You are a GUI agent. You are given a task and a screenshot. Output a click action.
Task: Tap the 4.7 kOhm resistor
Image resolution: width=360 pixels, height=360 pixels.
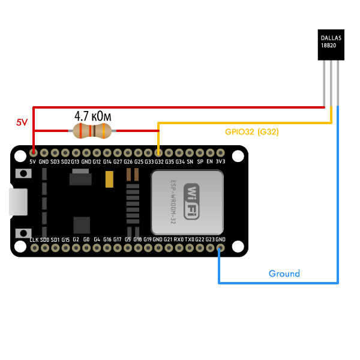point(92,130)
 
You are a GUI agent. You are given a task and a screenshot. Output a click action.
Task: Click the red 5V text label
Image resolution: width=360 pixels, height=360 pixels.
point(22,122)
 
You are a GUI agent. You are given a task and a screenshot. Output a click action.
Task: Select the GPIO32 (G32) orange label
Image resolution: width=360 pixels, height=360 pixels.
point(251,131)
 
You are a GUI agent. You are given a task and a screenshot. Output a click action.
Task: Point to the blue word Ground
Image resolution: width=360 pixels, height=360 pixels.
point(284,274)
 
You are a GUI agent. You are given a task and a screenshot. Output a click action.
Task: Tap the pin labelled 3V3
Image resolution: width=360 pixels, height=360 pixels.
point(220,161)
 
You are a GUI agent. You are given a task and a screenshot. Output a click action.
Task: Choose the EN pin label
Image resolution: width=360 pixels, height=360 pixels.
point(209,161)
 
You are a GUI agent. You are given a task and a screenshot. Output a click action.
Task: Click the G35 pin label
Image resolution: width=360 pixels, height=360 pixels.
point(169,161)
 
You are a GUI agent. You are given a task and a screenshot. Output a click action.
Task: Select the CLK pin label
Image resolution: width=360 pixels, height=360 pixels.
point(34,240)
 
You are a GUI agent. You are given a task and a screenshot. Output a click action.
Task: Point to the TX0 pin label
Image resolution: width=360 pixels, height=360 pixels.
point(190,240)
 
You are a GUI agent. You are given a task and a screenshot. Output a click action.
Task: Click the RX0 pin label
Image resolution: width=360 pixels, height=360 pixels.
point(179,240)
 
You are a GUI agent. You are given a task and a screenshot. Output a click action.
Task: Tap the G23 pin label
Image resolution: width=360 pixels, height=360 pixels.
point(210,240)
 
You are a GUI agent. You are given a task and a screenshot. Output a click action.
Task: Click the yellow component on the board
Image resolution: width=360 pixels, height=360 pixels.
point(109,180)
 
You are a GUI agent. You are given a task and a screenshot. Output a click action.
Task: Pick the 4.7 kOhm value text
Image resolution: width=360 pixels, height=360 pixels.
point(93,115)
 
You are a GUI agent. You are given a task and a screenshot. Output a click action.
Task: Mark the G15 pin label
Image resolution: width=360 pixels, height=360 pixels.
point(65,240)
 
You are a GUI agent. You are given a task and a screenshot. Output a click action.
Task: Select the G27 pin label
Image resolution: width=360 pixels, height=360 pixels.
point(118,161)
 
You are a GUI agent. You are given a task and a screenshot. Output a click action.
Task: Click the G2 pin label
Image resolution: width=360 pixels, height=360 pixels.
point(76,240)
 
